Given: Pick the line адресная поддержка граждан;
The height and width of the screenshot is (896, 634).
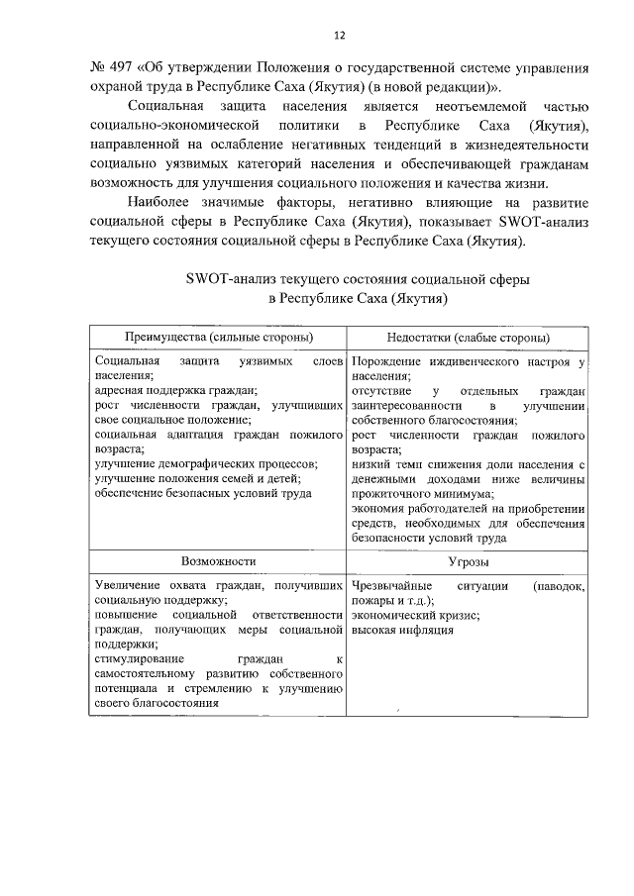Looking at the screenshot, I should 176,390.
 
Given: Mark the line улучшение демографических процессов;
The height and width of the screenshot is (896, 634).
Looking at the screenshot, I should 206,463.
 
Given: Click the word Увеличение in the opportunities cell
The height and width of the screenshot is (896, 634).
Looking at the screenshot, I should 129,585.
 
